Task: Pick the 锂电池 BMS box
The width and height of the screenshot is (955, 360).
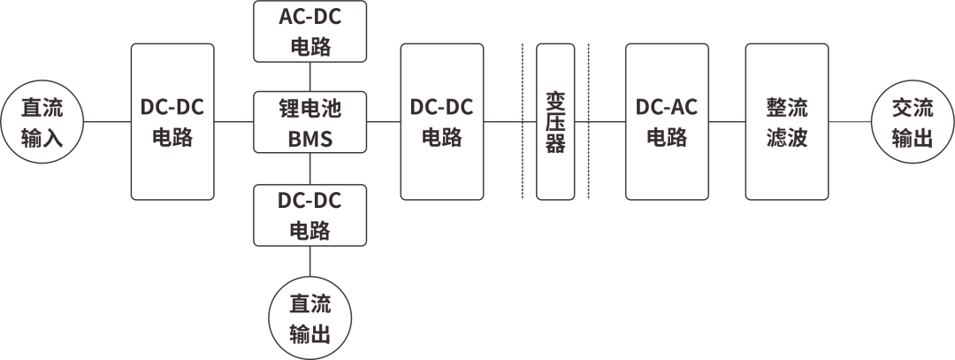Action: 309,121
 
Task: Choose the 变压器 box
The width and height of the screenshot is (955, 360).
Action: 555,121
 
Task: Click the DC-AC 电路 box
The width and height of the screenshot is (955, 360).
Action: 668,121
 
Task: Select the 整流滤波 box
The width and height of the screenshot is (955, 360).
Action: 787,121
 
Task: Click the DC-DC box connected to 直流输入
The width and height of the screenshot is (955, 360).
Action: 172,121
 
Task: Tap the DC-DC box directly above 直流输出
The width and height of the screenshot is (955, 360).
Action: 309,215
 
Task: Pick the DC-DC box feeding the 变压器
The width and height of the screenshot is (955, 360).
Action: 442,121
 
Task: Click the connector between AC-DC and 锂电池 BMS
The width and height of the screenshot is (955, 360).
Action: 309,76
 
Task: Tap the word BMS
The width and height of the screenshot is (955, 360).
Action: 309,136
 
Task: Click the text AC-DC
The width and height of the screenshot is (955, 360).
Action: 309,18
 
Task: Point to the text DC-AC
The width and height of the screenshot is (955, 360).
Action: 668,107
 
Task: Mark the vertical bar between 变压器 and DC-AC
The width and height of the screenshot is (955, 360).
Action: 589,121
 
